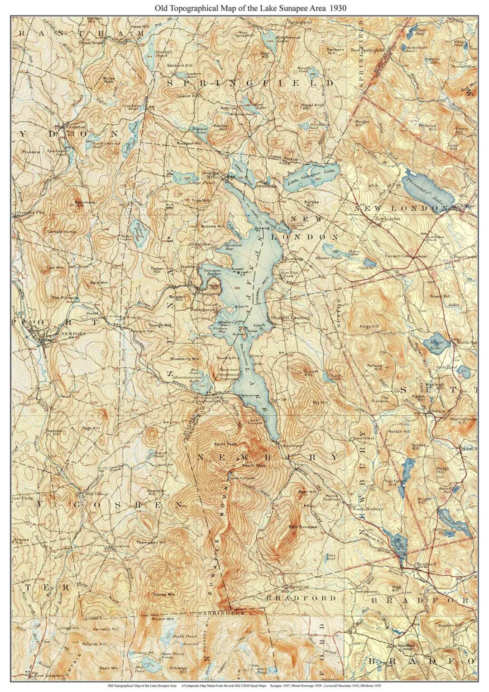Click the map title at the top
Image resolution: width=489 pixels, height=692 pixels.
coord(245,8)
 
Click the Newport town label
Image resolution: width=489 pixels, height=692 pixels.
coord(73,334)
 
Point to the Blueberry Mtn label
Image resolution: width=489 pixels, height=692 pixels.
coord(185,359)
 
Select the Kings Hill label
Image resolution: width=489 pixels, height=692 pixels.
coord(369,326)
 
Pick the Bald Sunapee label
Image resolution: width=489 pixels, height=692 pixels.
coord(303,527)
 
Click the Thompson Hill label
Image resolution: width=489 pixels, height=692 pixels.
coord(151,542)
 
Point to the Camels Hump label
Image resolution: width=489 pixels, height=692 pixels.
coord(58,231)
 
